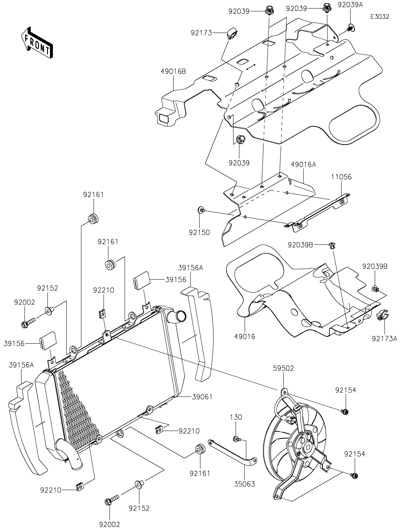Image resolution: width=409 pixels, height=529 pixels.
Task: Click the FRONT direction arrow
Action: (x=37, y=42)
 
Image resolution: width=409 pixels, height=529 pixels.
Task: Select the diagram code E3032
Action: (x=379, y=17)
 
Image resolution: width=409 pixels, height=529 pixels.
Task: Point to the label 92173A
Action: (x=384, y=338)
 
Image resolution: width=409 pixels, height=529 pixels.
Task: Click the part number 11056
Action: (x=342, y=177)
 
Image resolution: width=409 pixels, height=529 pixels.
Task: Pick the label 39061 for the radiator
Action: (x=203, y=397)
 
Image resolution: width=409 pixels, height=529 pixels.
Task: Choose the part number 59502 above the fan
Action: (x=284, y=368)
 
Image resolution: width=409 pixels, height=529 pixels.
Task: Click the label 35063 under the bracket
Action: (x=245, y=484)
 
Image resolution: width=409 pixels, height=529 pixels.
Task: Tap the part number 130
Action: (x=236, y=417)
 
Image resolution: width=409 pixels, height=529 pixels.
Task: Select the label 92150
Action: (x=199, y=232)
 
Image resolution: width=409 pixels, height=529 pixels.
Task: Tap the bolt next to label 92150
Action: (x=201, y=210)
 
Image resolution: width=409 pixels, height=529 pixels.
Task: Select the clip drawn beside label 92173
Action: (x=232, y=33)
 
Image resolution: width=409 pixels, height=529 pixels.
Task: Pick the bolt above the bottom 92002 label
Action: (x=111, y=500)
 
